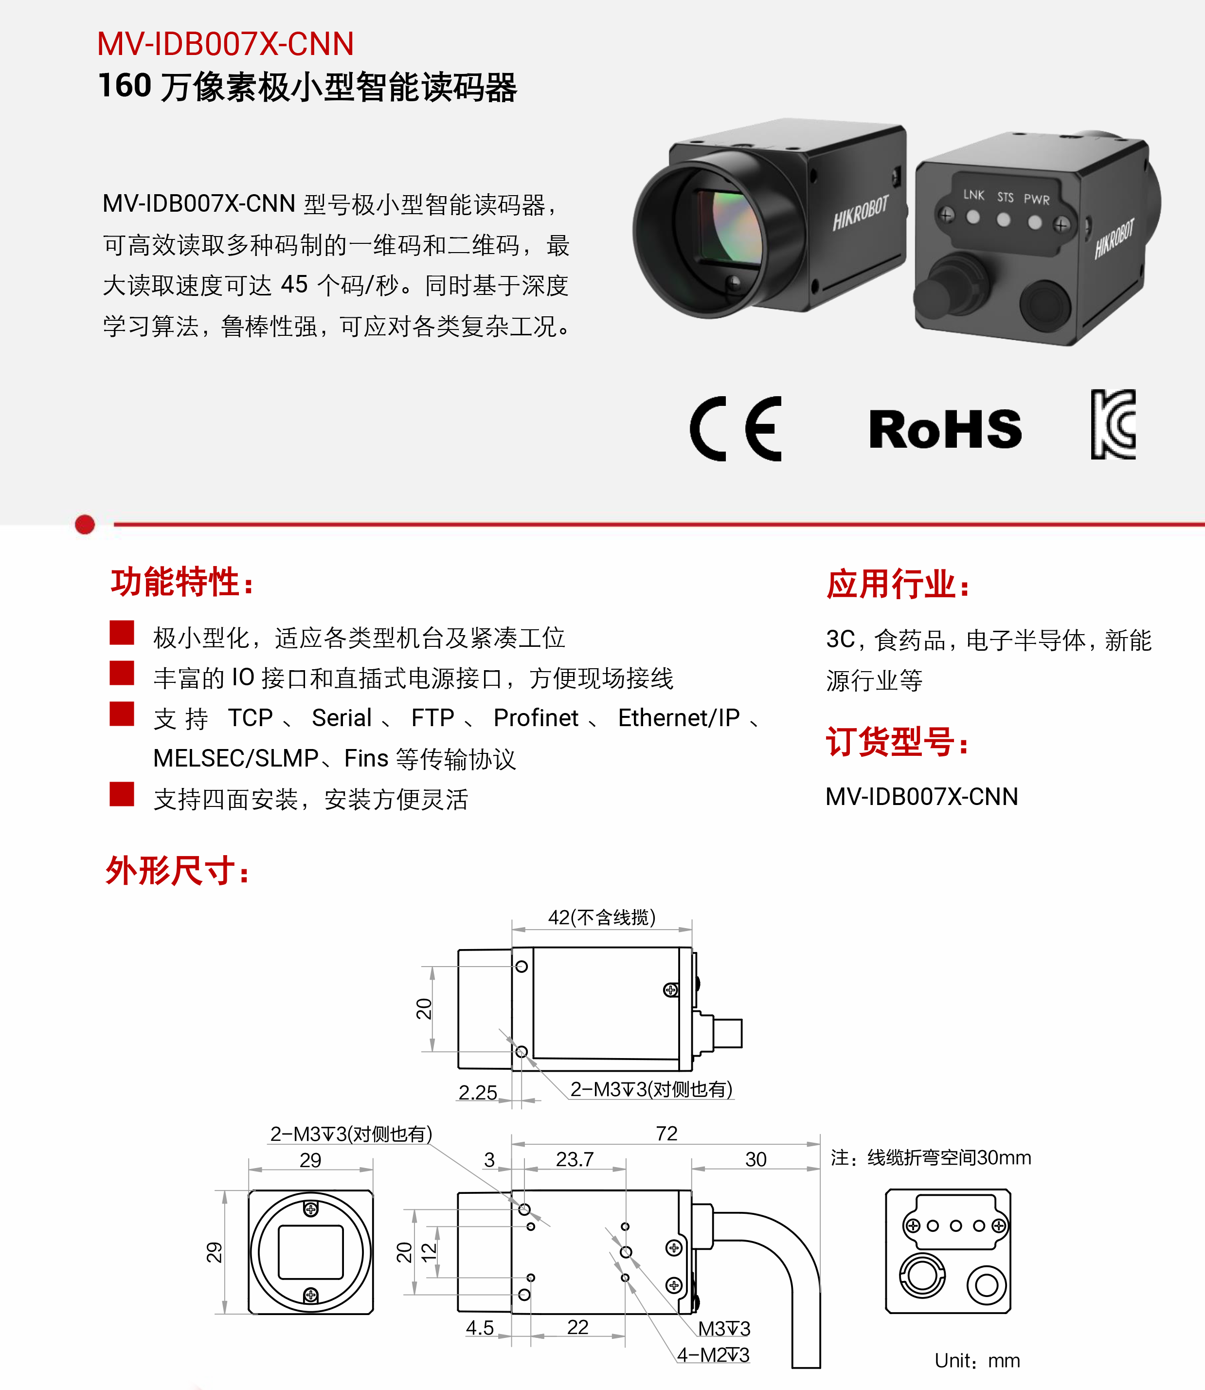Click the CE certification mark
(736, 429)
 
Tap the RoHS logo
(945, 429)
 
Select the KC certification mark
(1114, 424)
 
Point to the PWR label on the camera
(1036, 199)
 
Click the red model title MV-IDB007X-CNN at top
(225, 44)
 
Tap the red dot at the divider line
(85, 524)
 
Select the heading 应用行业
(899, 584)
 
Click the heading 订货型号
(897, 742)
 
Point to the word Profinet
(536, 718)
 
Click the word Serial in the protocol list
(342, 718)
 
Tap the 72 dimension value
(666, 1134)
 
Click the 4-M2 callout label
(713, 1354)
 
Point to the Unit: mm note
(977, 1360)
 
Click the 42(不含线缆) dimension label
(602, 917)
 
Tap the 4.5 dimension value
(480, 1327)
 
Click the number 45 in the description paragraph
(294, 285)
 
